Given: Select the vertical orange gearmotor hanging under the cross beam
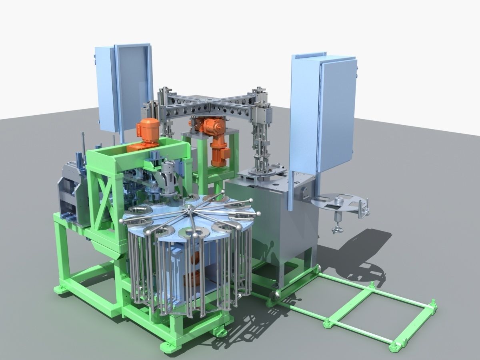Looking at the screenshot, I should pyautogui.click(x=218, y=144).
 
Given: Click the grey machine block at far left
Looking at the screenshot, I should pyautogui.click(x=70, y=192).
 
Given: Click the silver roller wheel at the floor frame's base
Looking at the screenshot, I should pyautogui.click(x=274, y=296).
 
